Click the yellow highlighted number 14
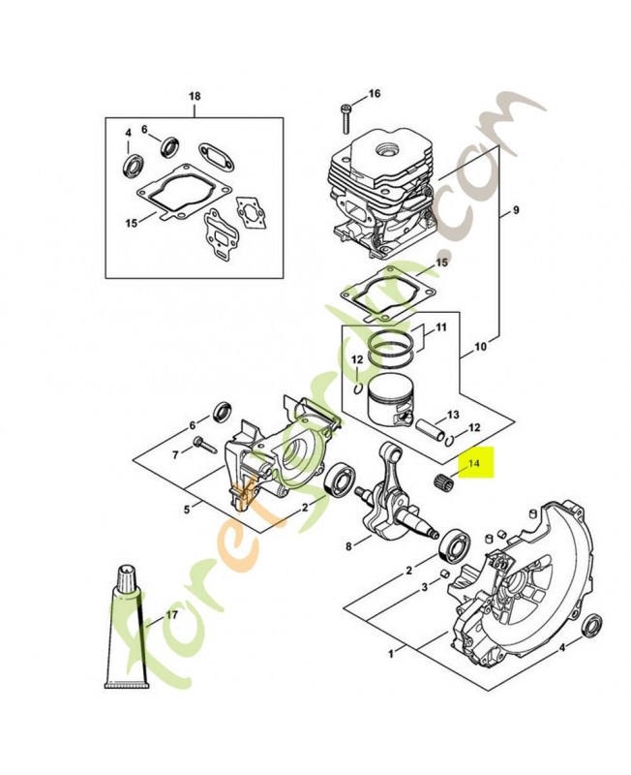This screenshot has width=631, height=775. tap(474, 465)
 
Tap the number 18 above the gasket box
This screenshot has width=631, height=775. tap(195, 96)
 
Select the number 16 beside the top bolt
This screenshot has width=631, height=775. tap(375, 94)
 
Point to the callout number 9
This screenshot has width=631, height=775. tap(516, 211)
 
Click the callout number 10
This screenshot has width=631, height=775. tap(481, 345)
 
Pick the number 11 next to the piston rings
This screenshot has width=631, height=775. tap(440, 327)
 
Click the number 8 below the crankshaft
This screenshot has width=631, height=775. tap(348, 547)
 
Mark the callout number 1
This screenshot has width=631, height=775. tap(390, 654)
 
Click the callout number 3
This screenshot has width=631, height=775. tap(424, 588)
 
